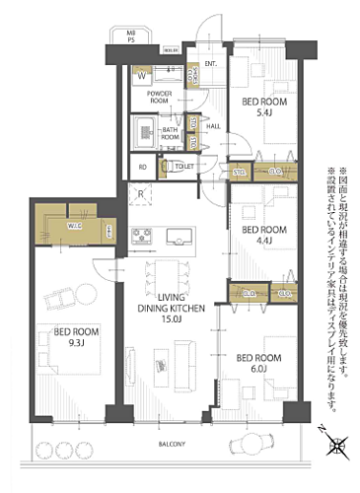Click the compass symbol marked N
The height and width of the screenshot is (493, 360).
coord(336,446)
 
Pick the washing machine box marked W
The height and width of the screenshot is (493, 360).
coord(142,75)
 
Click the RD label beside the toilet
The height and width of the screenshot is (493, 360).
coord(143,168)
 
